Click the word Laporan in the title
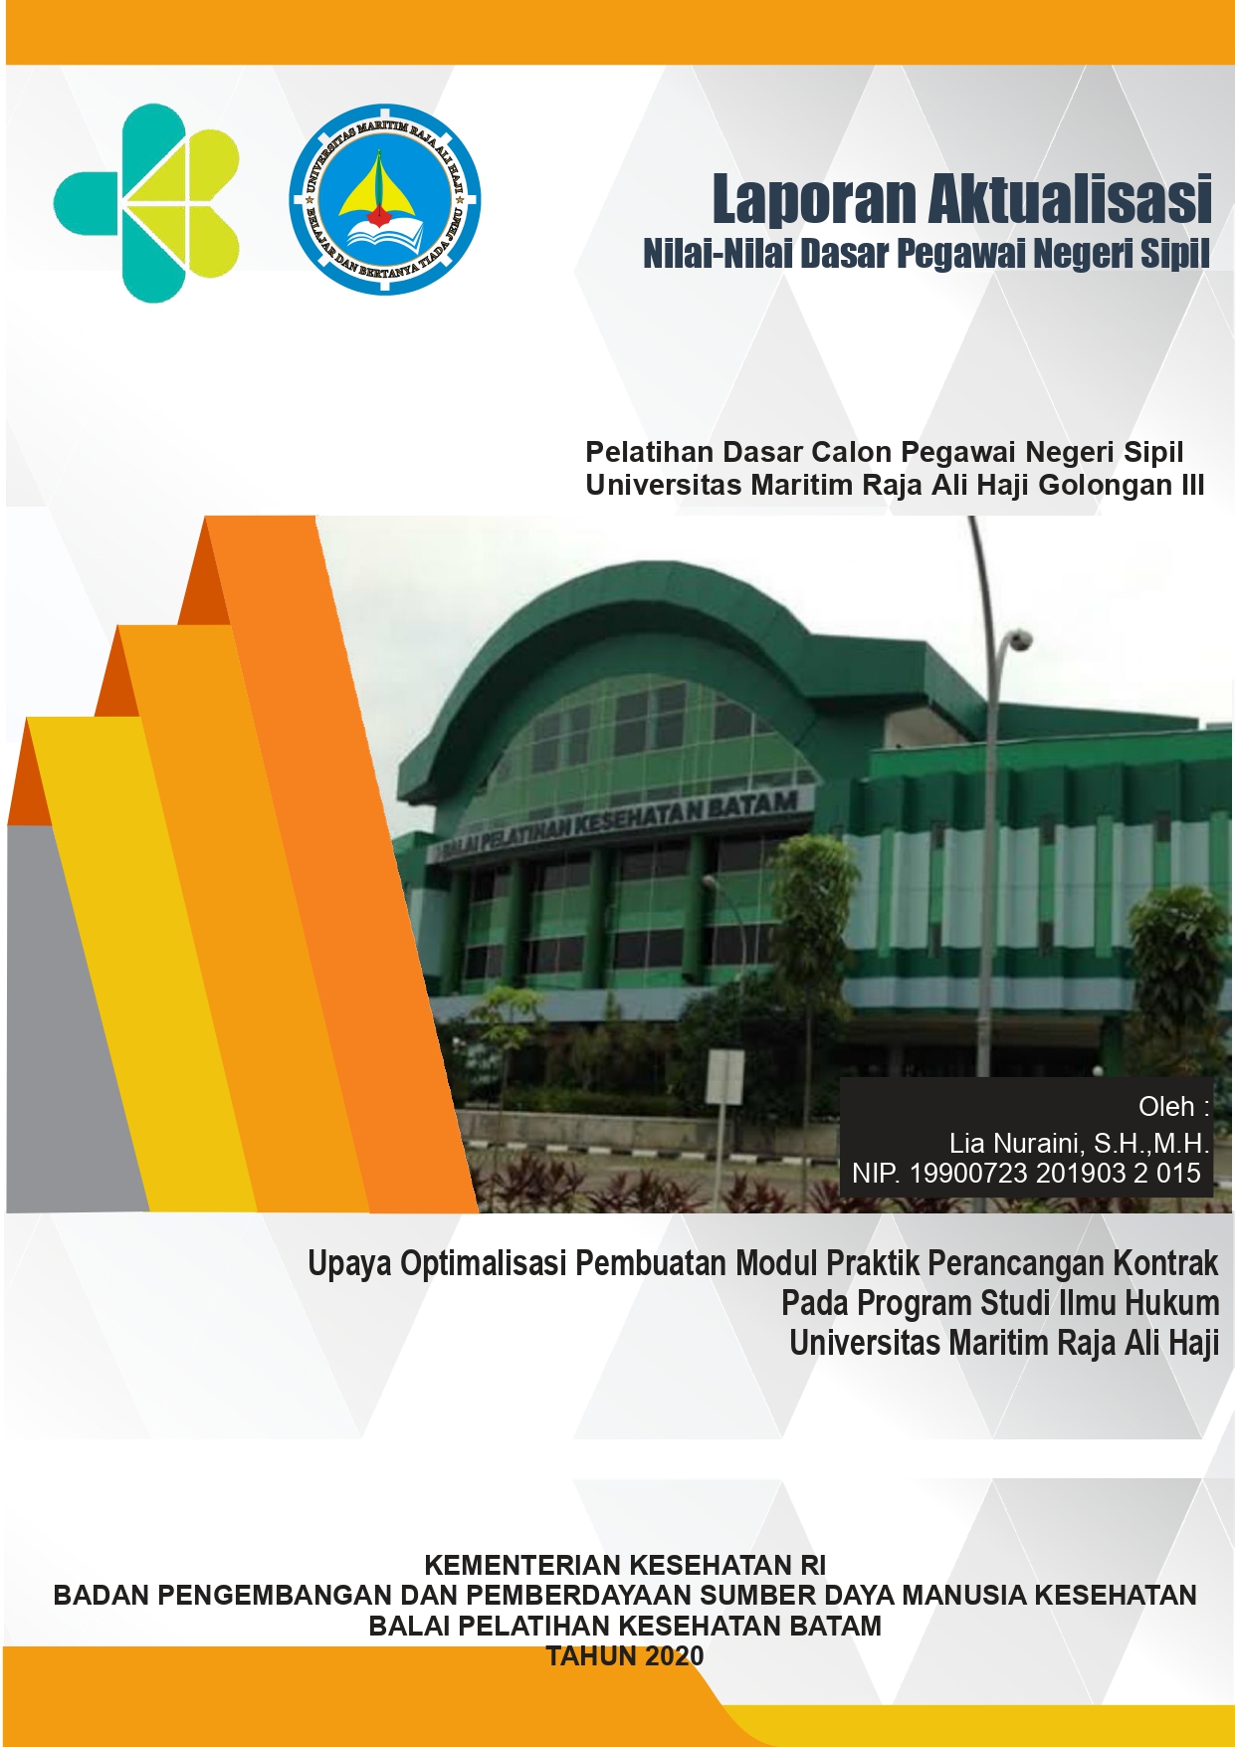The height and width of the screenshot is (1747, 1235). [x=813, y=201]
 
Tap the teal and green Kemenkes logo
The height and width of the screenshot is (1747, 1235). [x=147, y=203]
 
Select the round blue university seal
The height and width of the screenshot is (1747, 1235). [x=385, y=200]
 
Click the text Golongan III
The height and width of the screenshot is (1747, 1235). [x=1122, y=486]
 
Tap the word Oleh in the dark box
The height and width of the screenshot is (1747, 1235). [x=1166, y=1107]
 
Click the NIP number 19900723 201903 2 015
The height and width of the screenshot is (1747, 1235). [x=1055, y=1174]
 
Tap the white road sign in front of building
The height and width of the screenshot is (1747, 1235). [x=724, y=1077]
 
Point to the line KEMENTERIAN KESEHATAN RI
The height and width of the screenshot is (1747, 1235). [x=625, y=1566]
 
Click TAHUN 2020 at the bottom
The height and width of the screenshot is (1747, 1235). [x=625, y=1656]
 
